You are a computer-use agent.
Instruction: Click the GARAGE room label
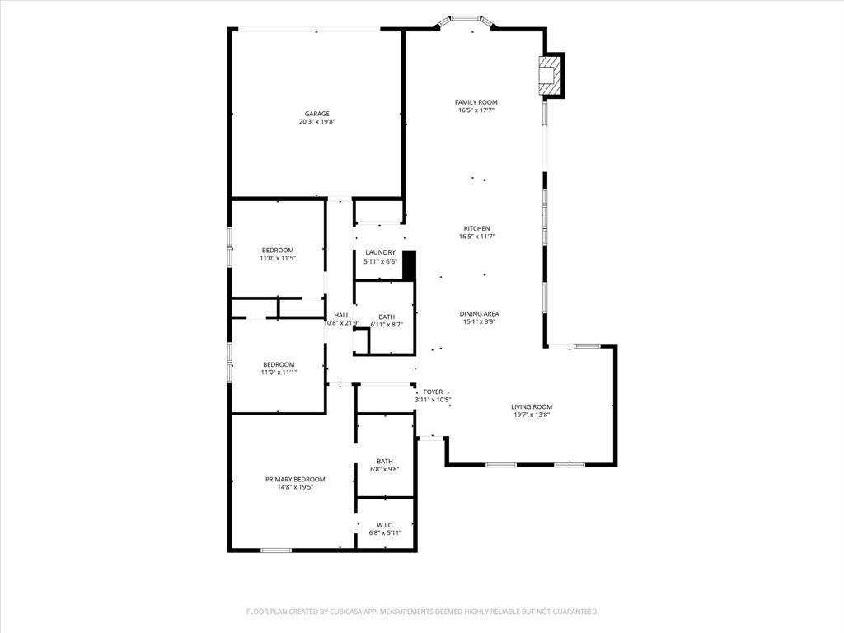tap(317, 114)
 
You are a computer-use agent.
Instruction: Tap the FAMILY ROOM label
tap(476, 102)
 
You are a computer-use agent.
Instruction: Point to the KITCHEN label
tap(477, 228)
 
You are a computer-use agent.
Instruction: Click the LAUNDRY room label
tap(381, 252)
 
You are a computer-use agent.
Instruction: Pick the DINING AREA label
tap(479, 314)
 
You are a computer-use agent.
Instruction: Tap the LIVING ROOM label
tap(532, 407)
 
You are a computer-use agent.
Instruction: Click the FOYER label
tap(433, 392)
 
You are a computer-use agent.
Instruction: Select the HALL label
tap(341, 315)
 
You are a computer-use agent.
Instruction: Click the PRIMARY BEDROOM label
tap(295, 479)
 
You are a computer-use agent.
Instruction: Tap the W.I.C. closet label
tap(385, 525)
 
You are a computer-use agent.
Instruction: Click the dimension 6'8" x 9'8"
tap(385, 469)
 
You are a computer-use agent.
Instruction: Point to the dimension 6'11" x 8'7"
tap(387, 325)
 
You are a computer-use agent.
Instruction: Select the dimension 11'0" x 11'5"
tap(278, 258)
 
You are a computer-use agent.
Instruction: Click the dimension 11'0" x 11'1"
tap(279, 373)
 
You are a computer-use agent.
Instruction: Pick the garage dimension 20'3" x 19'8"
tap(317, 122)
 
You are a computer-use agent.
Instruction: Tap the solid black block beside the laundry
tap(410, 265)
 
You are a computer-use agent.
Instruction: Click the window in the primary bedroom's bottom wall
tap(276, 550)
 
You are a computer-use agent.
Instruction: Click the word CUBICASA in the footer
tap(349, 612)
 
